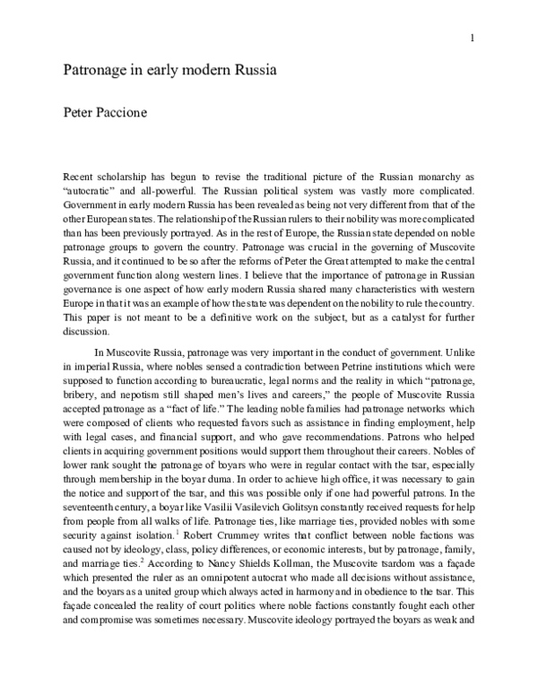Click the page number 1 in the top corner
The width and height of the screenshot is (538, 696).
click(x=471, y=39)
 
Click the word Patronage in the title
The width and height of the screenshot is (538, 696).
click(x=92, y=70)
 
